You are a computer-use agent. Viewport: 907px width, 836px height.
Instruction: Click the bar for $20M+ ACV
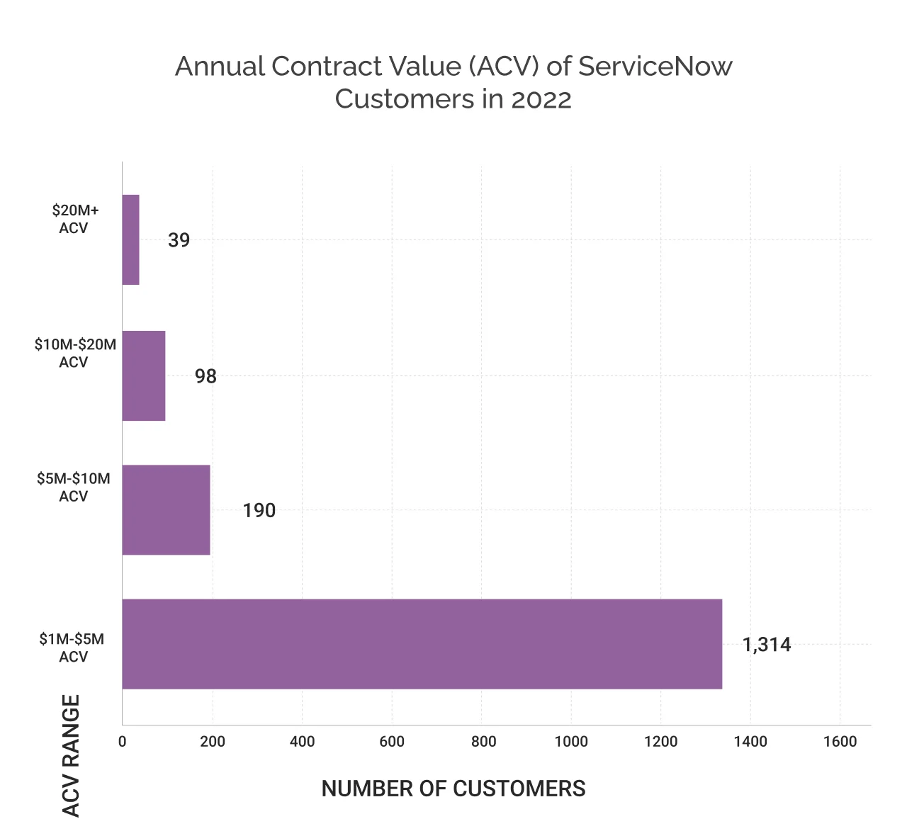tap(131, 239)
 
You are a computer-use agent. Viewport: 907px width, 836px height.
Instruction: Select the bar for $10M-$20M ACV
tap(144, 375)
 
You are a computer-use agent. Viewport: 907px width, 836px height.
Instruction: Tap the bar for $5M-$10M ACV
tap(166, 509)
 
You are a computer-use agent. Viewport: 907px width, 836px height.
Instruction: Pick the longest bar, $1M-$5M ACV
tap(422, 644)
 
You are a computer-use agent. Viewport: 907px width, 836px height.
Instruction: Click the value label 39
tap(179, 241)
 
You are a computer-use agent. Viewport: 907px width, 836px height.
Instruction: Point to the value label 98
tap(205, 376)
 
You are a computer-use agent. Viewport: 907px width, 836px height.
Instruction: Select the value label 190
tap(259, 511)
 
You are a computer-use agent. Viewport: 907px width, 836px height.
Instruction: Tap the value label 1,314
tap(766, 645)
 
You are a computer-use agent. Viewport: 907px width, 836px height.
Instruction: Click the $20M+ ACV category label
tap(74, 219)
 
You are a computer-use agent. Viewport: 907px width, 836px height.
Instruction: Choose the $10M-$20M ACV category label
tap(74, 354)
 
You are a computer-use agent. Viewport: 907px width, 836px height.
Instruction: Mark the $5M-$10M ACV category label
tap(74, 487)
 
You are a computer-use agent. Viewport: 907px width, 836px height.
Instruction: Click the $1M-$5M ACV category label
tap(72, 648)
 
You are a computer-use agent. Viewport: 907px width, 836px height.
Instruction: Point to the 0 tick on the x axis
tap(122, 742)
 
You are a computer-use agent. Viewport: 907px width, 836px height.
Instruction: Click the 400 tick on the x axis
tap(302, 742)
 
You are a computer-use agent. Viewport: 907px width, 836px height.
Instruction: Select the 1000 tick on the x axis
tap(571, 742)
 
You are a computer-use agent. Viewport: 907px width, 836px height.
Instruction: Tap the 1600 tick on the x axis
tap(840, 742)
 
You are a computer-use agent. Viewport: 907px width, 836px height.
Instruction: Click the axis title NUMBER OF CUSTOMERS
tap(453, 789)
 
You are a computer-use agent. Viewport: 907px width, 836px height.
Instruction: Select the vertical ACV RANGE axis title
tap(71, 755)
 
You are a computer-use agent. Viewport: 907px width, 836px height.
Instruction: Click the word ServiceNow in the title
tap(655, 67)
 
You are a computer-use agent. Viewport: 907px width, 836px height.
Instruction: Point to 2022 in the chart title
tap(541, 99)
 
